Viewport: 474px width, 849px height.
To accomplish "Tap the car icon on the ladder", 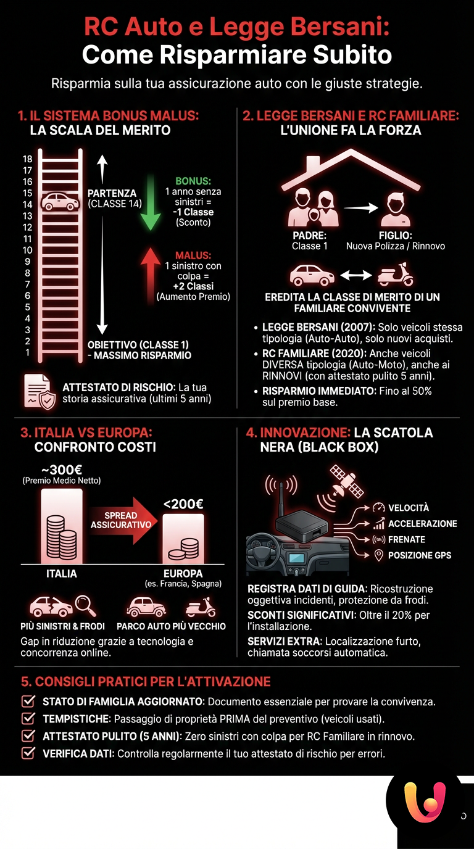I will pos(60,202).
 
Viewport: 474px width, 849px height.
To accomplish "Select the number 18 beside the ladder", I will pos(27,159).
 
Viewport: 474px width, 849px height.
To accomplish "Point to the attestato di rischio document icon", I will pos(39,391).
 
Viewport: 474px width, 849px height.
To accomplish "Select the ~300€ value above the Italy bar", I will pos(62,469).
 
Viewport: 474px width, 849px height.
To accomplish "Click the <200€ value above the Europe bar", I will pos(183,503).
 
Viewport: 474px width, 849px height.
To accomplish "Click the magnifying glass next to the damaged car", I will pos(85,605).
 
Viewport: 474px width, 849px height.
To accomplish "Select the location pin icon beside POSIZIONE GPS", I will pos(379,555).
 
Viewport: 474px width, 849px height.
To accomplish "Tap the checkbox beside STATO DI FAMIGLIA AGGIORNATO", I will pos(28,702).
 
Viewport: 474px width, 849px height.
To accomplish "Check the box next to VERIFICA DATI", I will pos(28,753).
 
